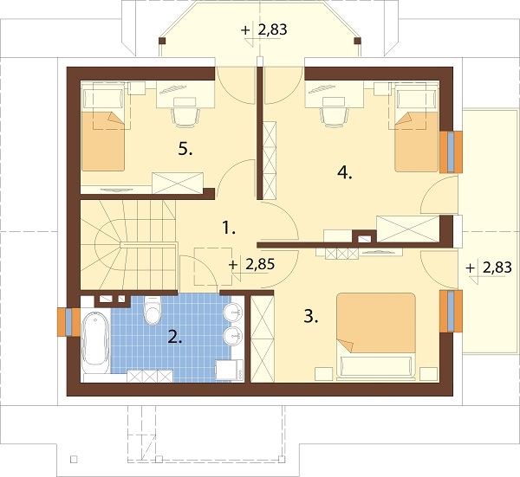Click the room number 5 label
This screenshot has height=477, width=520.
[185, 150]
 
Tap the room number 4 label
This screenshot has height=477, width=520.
[345, 172]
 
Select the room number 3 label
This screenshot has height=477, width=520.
[311, 316]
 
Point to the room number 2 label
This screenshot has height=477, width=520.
[175, 338]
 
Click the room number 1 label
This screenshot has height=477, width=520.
[229, 228]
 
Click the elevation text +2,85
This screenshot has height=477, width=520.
[252, 264]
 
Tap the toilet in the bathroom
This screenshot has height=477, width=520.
[153, 310]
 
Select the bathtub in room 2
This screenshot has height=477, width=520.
[95, 339]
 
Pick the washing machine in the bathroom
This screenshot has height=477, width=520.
[229, 370]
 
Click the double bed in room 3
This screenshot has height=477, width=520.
[376, 335]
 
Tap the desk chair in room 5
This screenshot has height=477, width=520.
[185, 113]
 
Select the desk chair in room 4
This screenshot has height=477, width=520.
[335, 113]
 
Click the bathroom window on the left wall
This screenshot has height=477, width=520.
[68, 322]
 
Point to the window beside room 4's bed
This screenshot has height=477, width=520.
[451, 152]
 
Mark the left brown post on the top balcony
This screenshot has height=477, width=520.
[162, 41]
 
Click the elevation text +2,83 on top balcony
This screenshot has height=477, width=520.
[264, 29]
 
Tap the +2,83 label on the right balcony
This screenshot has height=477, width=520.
[489, 268]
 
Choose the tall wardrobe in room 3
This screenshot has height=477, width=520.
[262, 338]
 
